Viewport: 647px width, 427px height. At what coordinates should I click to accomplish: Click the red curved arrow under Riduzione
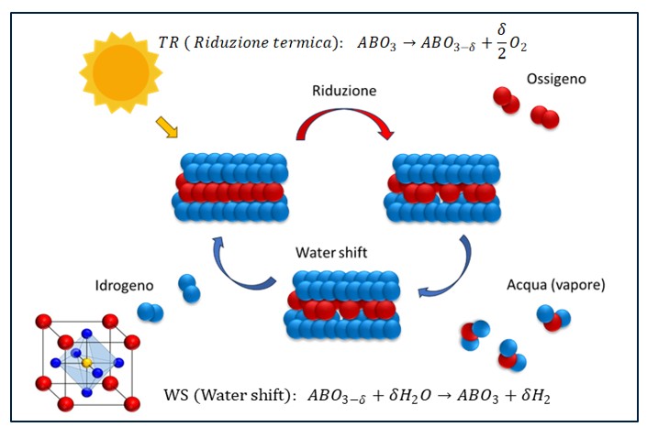point(343,120)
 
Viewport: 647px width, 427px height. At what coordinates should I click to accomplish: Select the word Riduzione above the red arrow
point(344,92)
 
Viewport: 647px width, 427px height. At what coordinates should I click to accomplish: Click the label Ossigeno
point(556,79)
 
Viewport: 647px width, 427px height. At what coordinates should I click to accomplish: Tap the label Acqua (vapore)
point(555,285)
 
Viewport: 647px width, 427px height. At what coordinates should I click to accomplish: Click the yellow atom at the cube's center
point(87,363)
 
